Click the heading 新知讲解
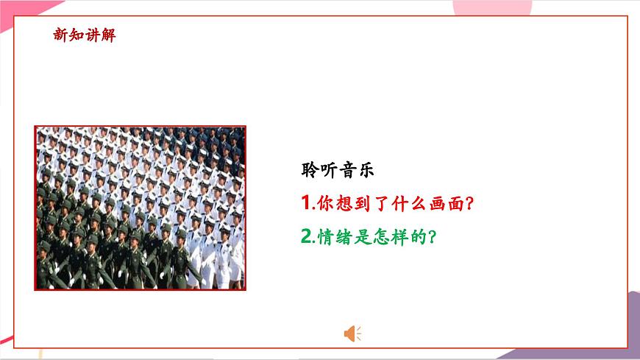coord(85,35)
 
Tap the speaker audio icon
coord(352,333)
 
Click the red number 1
coord(306,202)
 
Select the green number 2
coord(307,237)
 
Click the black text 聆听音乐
coord(338,169)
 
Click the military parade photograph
coord(141,208)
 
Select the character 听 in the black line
coord(329,169)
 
